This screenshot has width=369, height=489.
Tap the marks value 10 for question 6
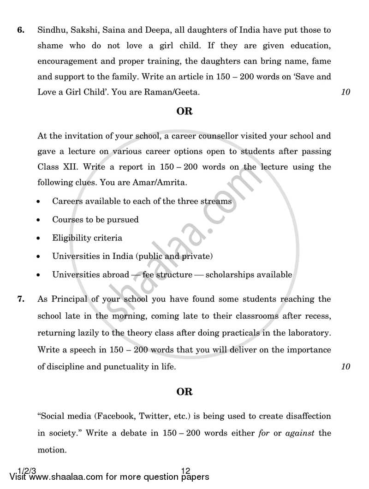(x=345, y=92)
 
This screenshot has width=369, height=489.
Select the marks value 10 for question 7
(x=345, y=367)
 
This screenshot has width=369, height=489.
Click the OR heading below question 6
(x=184, y=112)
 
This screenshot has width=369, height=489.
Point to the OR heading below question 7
(x=184, y=392)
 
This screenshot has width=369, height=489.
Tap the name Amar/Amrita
(x=159, y=182)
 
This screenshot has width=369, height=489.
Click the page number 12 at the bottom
(x=186, y=471)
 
